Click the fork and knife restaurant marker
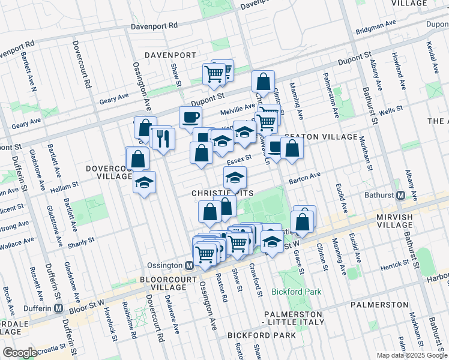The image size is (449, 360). point(163,140)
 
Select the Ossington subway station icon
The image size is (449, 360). point(189,265)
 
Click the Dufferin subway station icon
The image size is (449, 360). point(59,308)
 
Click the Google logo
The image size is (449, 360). point(19,353)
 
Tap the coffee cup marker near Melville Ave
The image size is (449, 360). point(190,116)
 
